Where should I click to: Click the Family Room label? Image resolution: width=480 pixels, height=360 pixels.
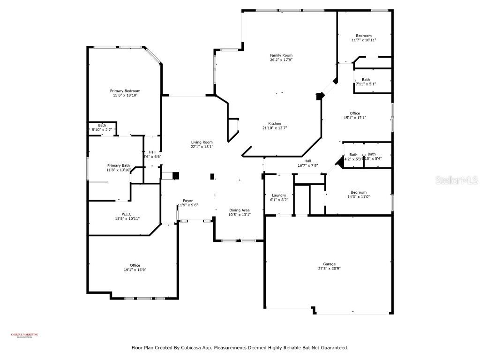(281, 55)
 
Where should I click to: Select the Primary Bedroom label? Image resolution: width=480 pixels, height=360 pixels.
(125, 91)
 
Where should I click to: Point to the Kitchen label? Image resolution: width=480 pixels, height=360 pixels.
(275, 124)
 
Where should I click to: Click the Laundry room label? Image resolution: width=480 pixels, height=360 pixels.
(279, 195)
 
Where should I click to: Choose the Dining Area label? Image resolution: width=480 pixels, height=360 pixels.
(239, 210)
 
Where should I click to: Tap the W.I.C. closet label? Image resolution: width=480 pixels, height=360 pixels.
(120, 214)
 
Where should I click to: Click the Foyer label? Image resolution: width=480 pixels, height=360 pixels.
(187, 201)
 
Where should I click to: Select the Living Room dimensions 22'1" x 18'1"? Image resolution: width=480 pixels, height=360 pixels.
(202, 147)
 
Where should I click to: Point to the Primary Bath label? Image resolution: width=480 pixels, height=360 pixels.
(119, 165)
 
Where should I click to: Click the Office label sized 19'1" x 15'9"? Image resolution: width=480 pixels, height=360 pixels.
(135, 265)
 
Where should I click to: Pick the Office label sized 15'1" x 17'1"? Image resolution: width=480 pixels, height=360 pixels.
(355, 113)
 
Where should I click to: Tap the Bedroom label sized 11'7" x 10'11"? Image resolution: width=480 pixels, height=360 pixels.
(364, 36)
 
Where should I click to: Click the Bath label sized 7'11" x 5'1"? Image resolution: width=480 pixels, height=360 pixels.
(366, 80)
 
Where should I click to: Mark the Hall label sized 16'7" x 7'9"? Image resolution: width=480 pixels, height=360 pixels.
(308, 161)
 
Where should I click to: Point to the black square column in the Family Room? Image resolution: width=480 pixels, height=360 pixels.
(320, 96)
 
